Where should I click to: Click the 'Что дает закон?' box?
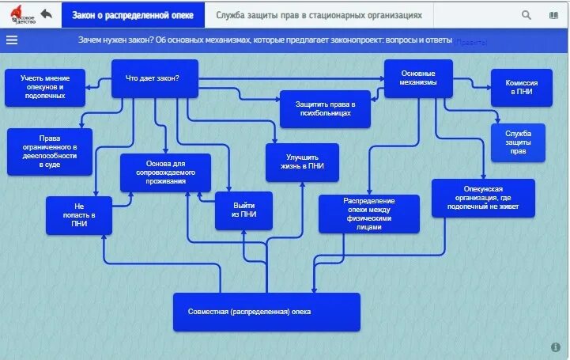[153, 78]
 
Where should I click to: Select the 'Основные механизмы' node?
[417, 78]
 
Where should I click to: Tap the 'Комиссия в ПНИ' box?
[522, 87]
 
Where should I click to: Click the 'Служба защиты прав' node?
[518, 142]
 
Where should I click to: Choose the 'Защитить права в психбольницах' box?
[326, 109]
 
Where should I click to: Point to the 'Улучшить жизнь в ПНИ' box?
[302, 162]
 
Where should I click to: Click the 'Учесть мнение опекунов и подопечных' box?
[45, 87]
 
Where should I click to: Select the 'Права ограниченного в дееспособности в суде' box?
[50, 151]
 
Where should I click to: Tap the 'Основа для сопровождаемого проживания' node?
[166, 172]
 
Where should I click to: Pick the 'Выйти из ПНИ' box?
[243, 210]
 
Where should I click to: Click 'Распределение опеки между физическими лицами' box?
[369, 214]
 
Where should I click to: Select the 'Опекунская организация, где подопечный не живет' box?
[483, 198]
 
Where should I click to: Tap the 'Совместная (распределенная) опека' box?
[266, 312]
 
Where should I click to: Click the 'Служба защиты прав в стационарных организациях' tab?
[319, 15]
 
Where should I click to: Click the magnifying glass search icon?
[527, 15]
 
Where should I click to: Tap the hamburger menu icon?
[12, 40]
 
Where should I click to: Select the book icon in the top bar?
[553, 15]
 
